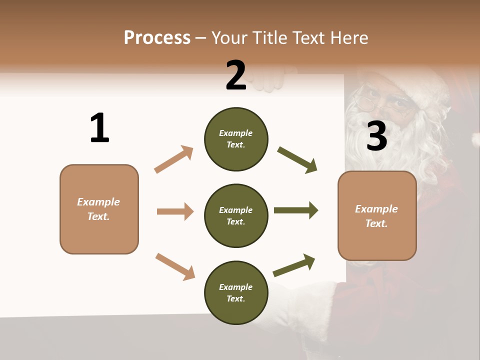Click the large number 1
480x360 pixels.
coord(99,128)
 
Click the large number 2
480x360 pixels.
coord(236,75)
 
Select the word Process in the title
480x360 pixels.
coord(157,37)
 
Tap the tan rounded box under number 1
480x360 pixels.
coord(99,209)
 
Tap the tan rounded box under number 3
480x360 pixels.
coord(377,215)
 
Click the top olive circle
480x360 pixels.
coord(236,139)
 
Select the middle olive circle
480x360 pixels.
coord(236,215)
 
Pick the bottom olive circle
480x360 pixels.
coord(236,292)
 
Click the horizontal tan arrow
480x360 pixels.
coord(175,211)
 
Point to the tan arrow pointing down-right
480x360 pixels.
coord(175,266)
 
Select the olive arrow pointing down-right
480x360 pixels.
coord(297,160)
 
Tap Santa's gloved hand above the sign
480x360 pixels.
coord(270,80)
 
